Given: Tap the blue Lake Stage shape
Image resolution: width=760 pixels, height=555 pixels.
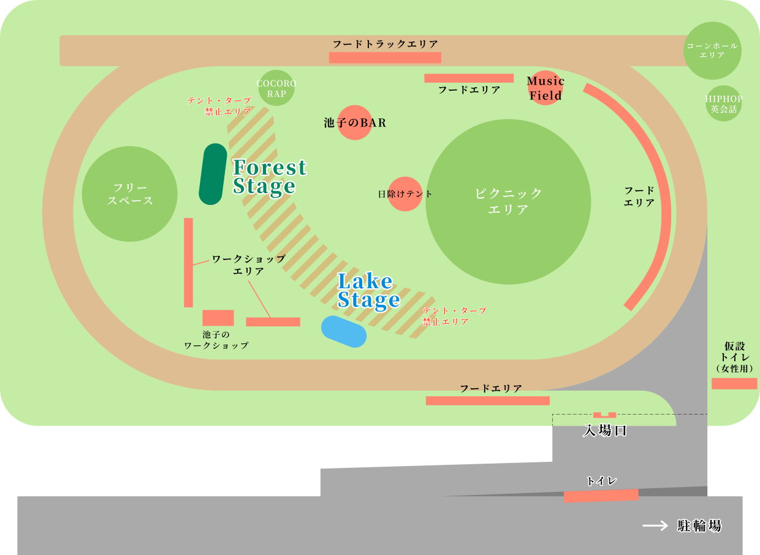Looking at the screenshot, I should click(344, 331).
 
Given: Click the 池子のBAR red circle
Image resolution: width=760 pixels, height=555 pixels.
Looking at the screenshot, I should click(355, 123).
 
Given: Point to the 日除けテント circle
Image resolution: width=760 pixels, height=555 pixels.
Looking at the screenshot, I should click(405, 194).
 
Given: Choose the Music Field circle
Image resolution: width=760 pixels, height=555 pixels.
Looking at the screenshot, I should click(545, 88).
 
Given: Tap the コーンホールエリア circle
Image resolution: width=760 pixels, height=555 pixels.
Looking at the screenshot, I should click(712, 51).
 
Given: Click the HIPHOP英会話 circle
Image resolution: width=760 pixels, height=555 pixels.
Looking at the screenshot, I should click(723, 104).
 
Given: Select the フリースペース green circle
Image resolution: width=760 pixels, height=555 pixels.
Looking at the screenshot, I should click(130, 194).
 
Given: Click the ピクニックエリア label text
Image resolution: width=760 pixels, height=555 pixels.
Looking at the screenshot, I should click(509, 201).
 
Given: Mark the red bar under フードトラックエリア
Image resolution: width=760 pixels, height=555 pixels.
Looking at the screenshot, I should click(385, 58).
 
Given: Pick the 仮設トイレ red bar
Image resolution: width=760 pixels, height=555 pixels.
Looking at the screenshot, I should click(734, 383).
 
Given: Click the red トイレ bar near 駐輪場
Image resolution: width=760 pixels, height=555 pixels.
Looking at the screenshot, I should click(601, 496).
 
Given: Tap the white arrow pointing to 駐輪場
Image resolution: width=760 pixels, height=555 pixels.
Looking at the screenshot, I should click(655, 526).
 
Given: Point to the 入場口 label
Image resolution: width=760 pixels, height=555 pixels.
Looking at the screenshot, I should click(605, 431).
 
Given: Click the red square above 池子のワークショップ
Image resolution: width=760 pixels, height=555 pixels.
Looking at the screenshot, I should click(218, 318).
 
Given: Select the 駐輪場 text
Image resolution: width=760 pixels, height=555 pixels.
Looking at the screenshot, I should click(699, 526).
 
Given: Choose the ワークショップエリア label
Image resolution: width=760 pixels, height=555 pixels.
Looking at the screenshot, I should click(248, 265).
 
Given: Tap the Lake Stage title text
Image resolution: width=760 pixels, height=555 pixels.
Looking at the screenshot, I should click(368, 291).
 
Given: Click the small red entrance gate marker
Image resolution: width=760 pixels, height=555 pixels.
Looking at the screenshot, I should click(604, 415).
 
